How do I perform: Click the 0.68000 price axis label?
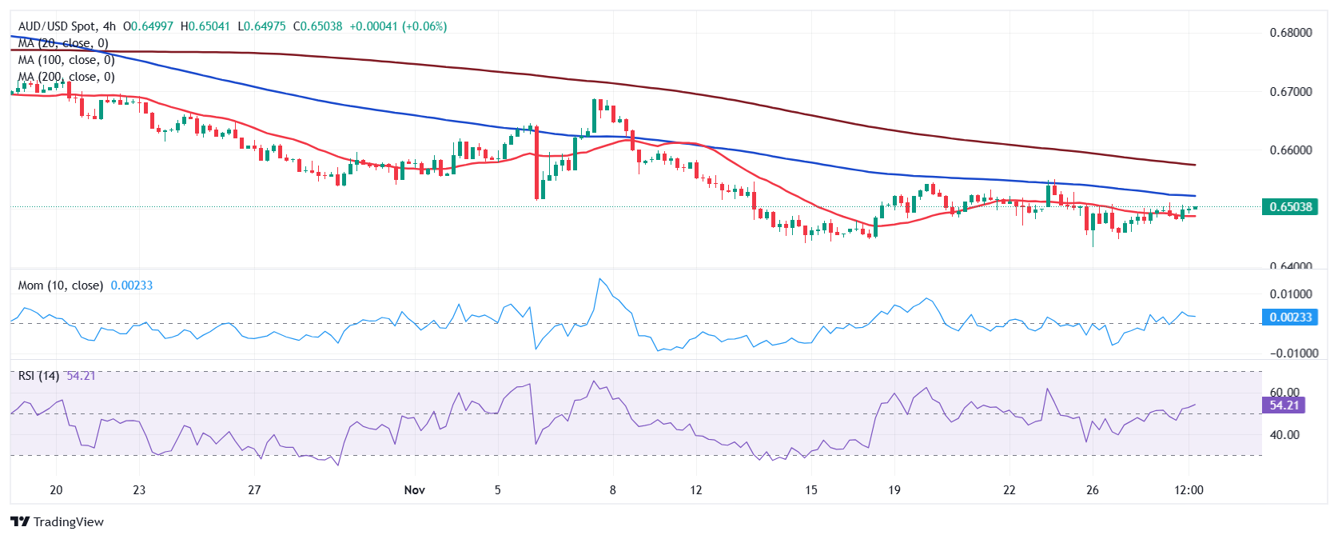1290,33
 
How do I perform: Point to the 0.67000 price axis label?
1290,92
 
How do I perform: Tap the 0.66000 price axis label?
1290,150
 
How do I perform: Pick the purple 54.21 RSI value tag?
1284,405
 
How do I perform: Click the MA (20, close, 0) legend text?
63,43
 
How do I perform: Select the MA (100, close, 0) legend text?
66,60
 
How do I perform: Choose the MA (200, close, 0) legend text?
66,77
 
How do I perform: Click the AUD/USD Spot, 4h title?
67,26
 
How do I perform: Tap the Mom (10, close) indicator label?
61,285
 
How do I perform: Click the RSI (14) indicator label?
38,376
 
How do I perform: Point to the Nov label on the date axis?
414,490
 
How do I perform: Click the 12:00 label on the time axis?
1189,490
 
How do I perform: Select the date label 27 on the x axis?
254,490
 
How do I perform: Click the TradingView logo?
58,522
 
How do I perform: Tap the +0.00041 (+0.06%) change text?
398,26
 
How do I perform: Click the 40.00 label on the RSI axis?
1284,435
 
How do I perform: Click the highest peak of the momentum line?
600,279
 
